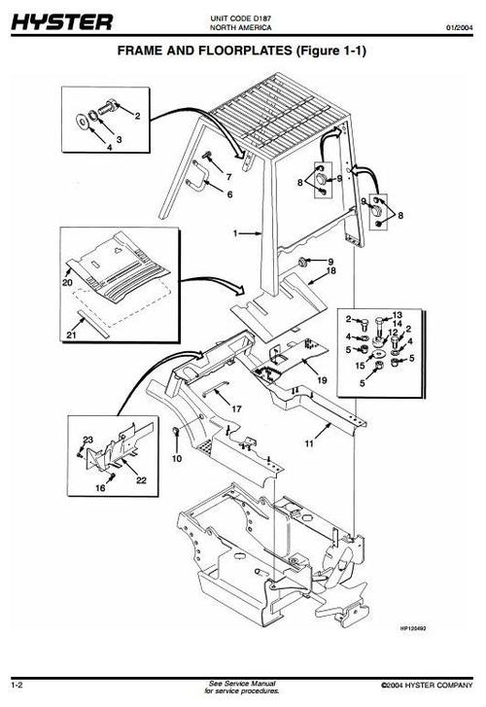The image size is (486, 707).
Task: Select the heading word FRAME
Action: click(146, 50)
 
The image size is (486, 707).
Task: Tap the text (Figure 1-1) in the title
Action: click(324, 50)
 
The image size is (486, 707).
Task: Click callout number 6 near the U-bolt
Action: click(229, 194)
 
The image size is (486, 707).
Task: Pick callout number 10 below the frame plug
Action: click(176, 456)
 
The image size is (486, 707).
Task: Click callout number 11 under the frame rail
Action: click(308, 443)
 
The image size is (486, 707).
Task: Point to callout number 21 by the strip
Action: click(70, 336)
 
